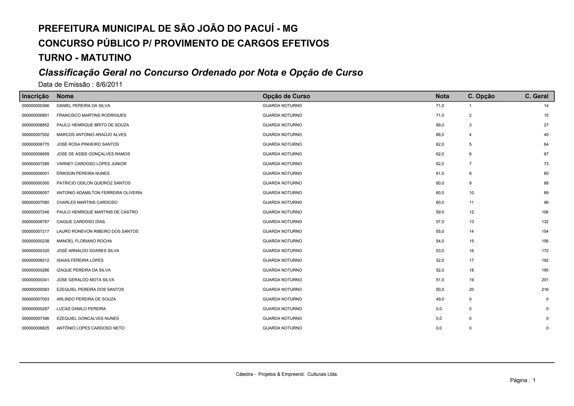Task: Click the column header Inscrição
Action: [x=35, y=96]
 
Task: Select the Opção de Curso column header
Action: [x=286, y=96]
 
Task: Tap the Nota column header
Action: [x=442, y=96]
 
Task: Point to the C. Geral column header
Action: [x=536, y=96]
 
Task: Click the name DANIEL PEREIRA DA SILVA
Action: [x=83, y=106]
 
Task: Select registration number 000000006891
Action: [x=36, y=115]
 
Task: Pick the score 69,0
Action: [x=440, y=125]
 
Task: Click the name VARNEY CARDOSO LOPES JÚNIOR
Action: [x=91, y=164]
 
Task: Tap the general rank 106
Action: [x=545, y=212]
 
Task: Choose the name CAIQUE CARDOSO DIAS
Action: [x=81, y=222]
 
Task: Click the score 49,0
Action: [x=440, y=299]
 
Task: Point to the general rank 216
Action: [x=545, y=290]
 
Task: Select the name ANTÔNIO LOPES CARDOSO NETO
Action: [x=90, y=328]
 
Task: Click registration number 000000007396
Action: [x=36, y=319]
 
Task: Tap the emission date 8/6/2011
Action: [x=109, y=84]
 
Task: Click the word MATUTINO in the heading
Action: [x=106, y=58]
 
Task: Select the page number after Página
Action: [x=534, y=380]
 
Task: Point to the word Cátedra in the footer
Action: [x=244, y=374]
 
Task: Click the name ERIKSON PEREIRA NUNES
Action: [x=83, y=174]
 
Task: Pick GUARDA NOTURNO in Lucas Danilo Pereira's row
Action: [x=282, y=309]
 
